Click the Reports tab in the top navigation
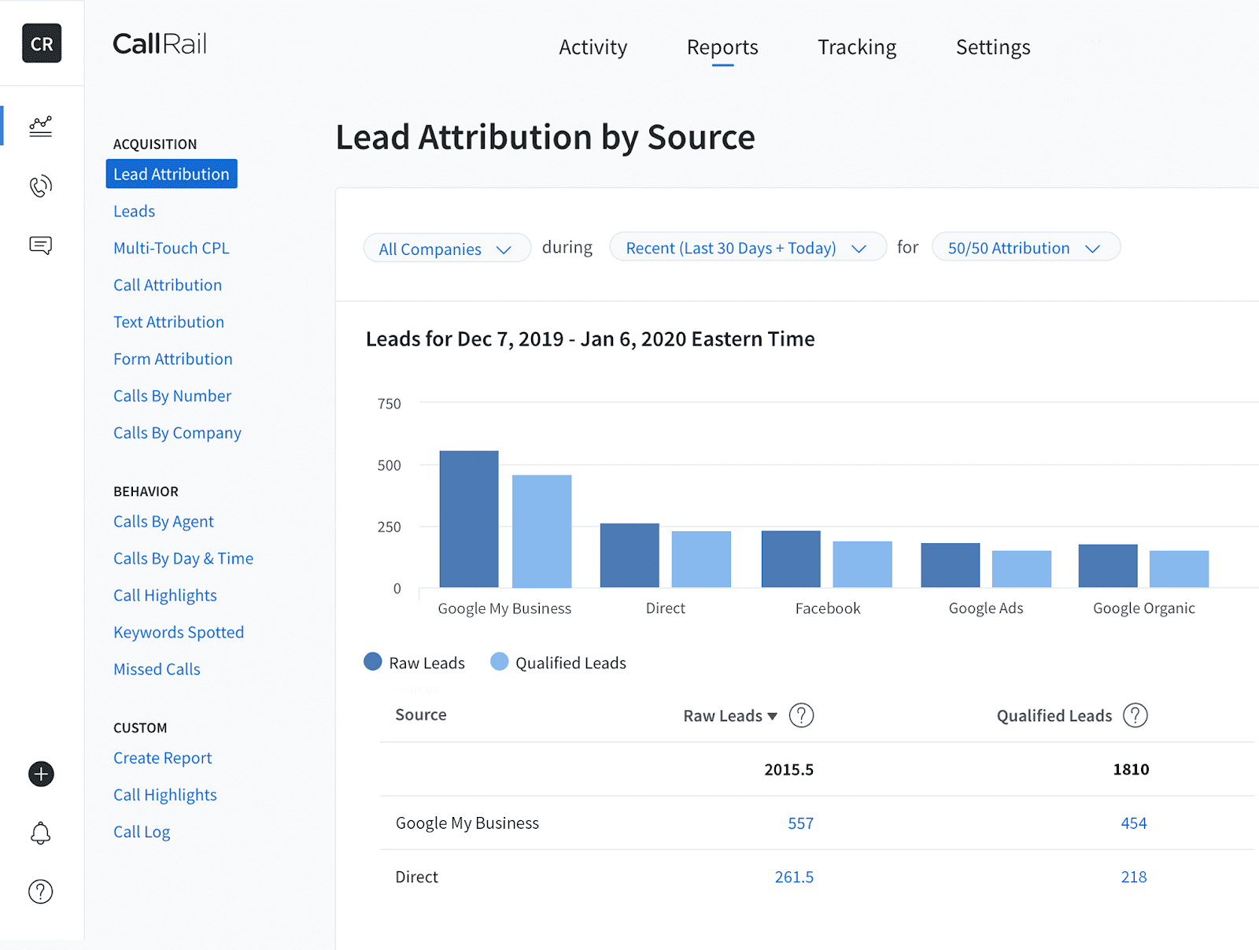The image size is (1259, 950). pos(722,47)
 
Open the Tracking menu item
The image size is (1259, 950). pos(856,47)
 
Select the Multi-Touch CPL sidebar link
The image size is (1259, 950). pos(171,248)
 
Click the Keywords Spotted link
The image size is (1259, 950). pos(179,632)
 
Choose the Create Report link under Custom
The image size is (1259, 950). pos(162,758)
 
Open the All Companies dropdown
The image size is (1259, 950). pos(445,249)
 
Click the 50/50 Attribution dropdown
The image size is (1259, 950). pos(1025,248)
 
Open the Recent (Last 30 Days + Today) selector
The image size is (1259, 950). pos(747,248)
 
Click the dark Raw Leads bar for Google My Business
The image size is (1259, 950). pos(469,519)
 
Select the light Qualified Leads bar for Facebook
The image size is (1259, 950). pos(862,564)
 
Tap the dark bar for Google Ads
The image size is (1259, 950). pos(950,565)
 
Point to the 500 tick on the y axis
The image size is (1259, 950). pos(389,465)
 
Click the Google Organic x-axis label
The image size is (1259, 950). pos(1143,608)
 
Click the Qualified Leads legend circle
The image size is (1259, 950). pos(499,662)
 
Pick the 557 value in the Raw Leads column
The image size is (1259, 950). pos(800,823)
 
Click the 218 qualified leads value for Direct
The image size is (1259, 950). pos(1133,877)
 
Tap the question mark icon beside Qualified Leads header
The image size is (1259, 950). pos(1135,715)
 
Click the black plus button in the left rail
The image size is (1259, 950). pos(41,774)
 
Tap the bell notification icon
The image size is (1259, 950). pos(41,834)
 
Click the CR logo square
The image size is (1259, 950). pos(42,43)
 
